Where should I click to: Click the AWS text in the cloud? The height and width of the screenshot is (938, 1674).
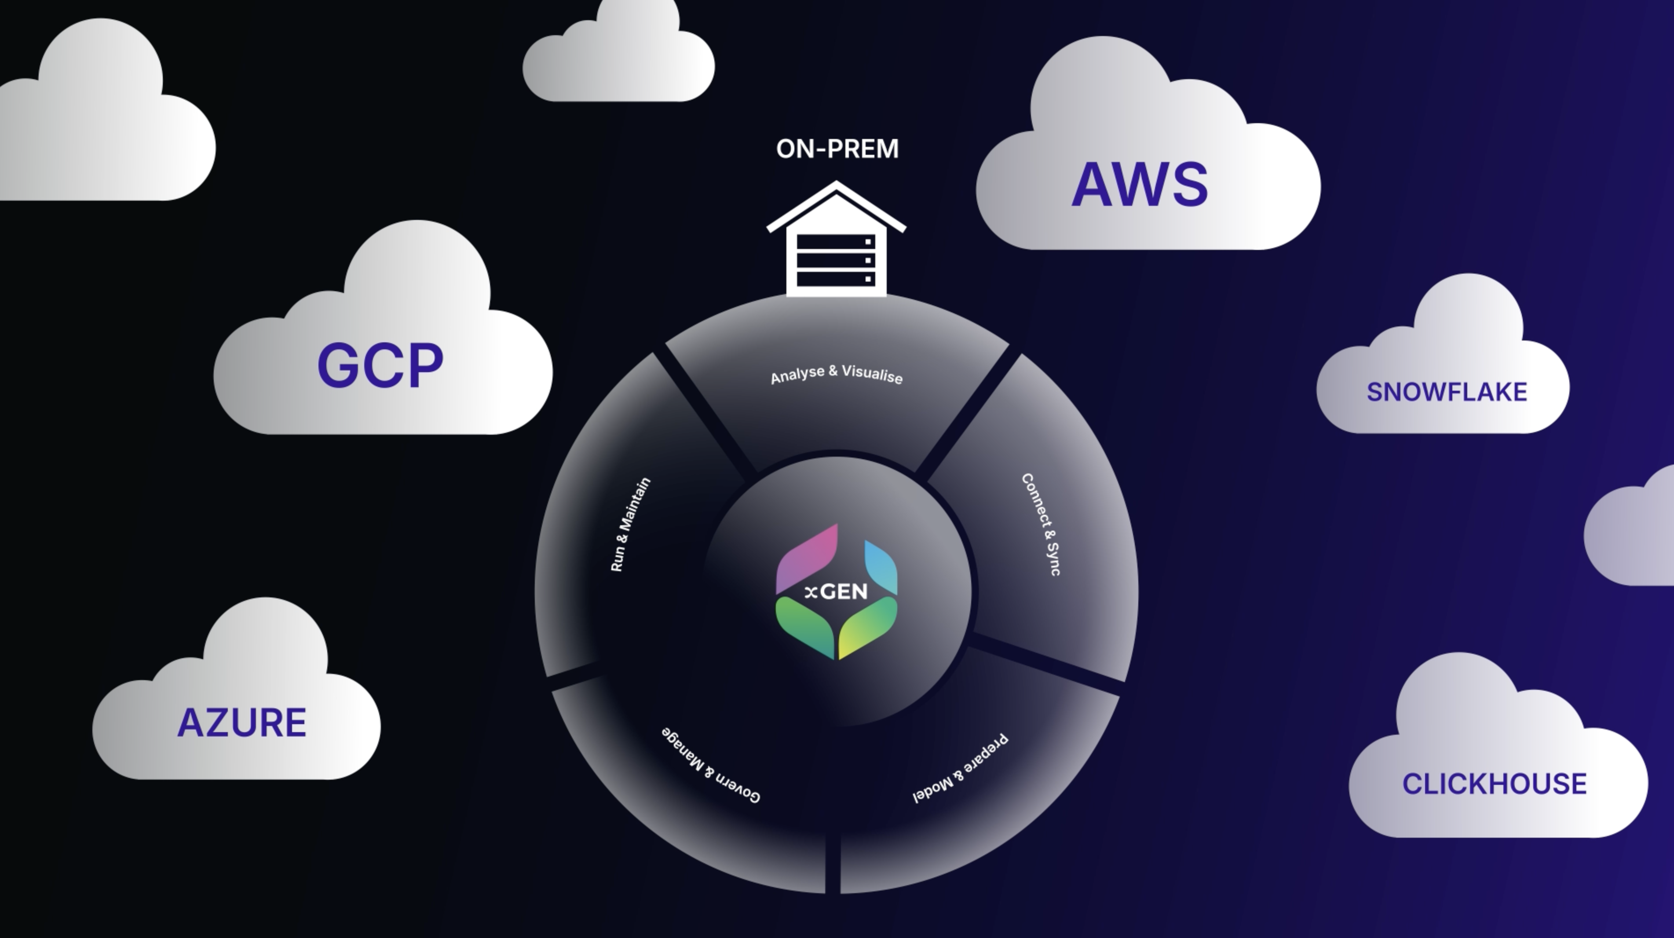pyautogui.click(x=1139, y=185)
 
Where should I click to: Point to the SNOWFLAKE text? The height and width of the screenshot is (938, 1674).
pyautogui.click(x=1447, y=392)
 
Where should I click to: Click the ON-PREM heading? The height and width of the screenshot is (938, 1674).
pyautogui.click(x=837, y=149)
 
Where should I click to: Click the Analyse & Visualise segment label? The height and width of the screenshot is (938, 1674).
pyautogui.click(x=837, y=374)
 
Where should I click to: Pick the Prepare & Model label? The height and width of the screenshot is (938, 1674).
pyautogui.click(x=961, y=768)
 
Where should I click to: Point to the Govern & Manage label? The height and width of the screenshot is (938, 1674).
pyautogui.click(x=711, y=765)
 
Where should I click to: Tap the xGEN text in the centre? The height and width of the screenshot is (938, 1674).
pyautogui.click(x=837, y=592)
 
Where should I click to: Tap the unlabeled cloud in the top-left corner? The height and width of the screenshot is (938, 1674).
pyautogui.click(x=104, y=124)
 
